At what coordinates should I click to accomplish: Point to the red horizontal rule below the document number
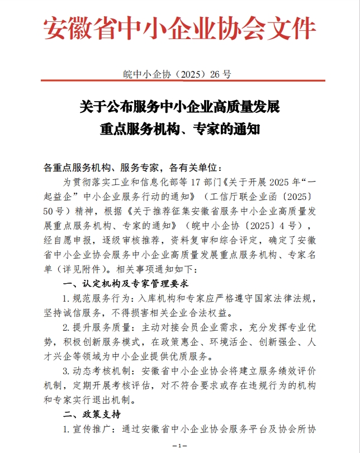coord(180,82)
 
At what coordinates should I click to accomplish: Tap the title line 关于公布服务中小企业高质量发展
coord(179,106)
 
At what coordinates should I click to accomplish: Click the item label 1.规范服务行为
coord(96,298)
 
